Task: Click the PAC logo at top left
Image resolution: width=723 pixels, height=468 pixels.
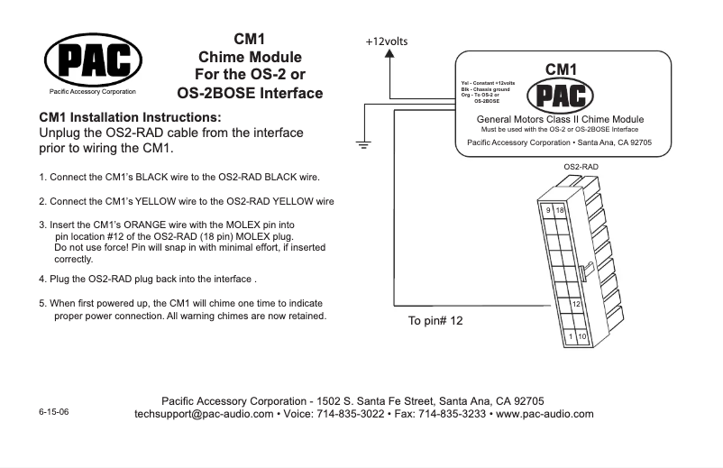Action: pos(93,60)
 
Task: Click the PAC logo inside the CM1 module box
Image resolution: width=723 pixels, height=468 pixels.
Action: pos(561,95)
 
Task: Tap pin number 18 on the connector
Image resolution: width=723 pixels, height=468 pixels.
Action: pos(561,210)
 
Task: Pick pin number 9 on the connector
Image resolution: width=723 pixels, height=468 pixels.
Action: pos(547,209)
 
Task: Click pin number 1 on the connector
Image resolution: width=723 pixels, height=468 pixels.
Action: pos(571,336)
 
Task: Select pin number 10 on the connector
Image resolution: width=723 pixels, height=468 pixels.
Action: pos(583,337)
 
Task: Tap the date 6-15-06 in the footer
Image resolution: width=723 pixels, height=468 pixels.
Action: pos(53,411)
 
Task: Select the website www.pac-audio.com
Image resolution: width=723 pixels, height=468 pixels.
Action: pos(545,414)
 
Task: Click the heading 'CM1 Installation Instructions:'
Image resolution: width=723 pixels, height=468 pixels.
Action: pos(128,118)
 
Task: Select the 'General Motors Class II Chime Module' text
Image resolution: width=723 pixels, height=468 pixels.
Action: pos(560,120)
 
